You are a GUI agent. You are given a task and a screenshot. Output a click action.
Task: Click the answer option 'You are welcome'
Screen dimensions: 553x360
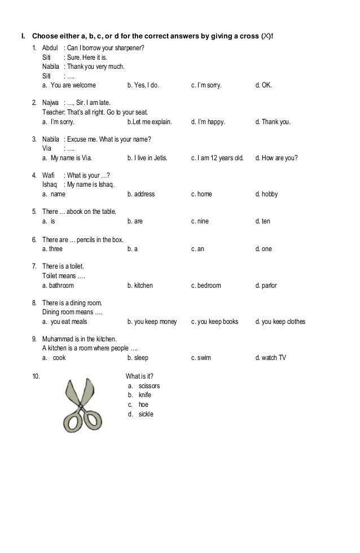tap(73, 86)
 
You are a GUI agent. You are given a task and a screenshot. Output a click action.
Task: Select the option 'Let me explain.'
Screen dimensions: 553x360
tap(151, 121)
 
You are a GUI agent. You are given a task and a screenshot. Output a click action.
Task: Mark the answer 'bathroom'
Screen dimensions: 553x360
tap(61, 286)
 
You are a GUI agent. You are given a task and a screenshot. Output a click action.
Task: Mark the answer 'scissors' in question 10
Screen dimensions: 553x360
tap(149, 386)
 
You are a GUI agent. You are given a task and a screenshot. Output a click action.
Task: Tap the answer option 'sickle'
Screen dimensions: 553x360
tap(146, 414)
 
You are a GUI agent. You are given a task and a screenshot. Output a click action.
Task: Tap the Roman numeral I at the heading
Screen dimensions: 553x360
tap(23, 37)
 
